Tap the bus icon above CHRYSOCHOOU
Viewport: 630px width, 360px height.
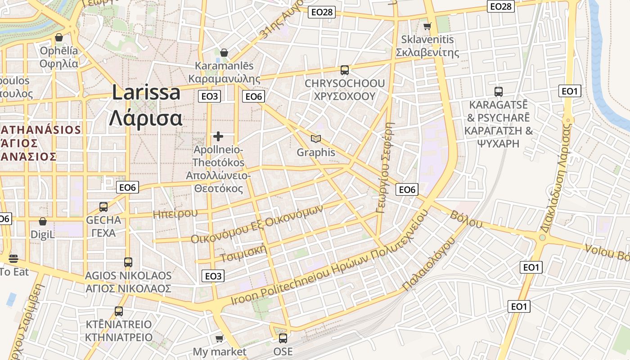[x=345, y=70]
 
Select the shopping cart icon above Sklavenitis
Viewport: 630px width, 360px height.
[x=427, y=26]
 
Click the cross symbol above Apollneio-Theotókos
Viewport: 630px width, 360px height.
[x=218, y=136]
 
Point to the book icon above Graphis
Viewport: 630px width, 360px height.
[x=316, y=139]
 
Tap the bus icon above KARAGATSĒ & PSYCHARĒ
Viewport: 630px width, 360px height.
[x=499, y=92]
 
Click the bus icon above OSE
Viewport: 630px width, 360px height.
[x=283, y=338]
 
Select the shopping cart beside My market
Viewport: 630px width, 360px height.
[x=219, y=338]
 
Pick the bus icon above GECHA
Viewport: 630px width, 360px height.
[x=103, y=207]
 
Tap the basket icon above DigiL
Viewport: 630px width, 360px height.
[x=43, y=221]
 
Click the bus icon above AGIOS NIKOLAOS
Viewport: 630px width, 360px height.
[x=128, y=262]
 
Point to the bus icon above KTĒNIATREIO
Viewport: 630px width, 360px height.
[x=119, y=311]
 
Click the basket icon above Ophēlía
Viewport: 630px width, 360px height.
[x=58, y=37]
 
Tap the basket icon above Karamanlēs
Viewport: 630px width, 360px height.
[x=224, y=53]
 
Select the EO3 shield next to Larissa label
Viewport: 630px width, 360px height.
[x=210, y=96]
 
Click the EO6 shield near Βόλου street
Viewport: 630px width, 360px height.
[x=407, y=189]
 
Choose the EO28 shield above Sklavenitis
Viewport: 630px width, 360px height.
[x=501, y=6]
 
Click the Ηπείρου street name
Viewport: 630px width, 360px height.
[x=175, y=213]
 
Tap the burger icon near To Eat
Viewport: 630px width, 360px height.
[x=13, y=258]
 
